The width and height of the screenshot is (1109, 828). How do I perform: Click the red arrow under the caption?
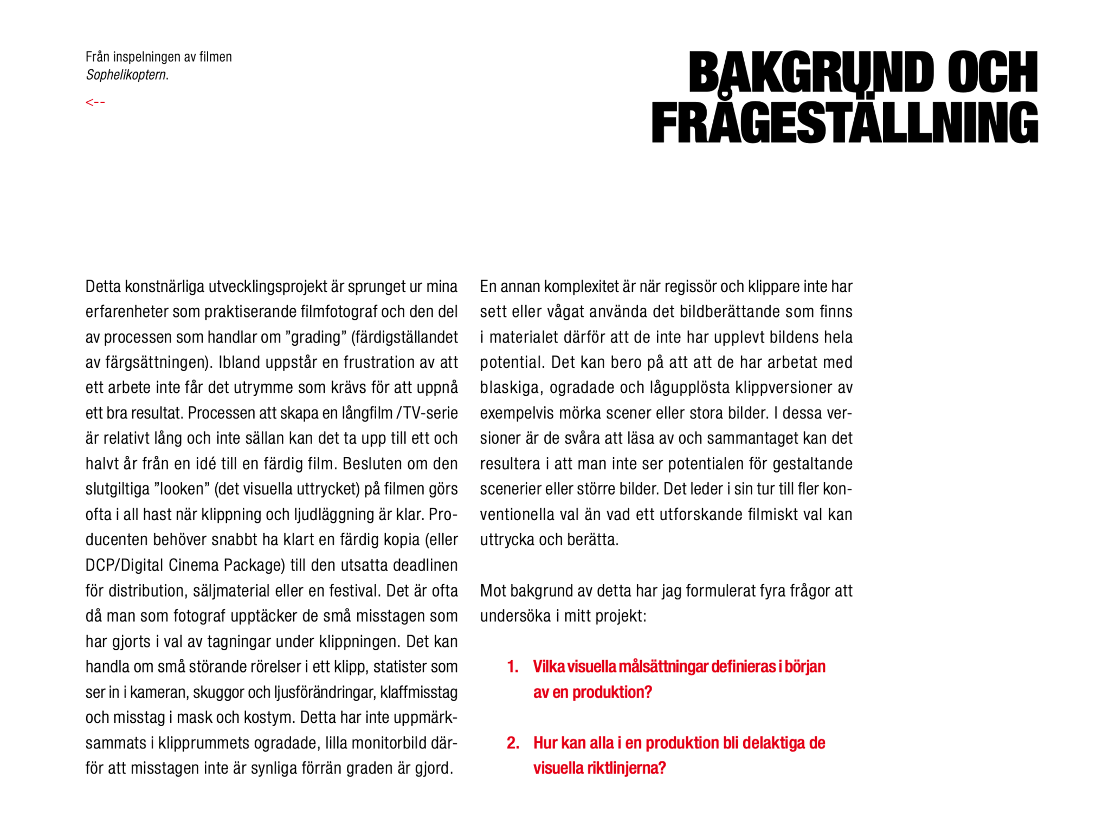[95, 102]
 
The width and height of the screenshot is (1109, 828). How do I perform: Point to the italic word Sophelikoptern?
[127, 75]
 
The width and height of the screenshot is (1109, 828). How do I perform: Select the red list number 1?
[512, 667]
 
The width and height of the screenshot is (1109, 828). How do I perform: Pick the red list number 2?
[512, 743]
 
